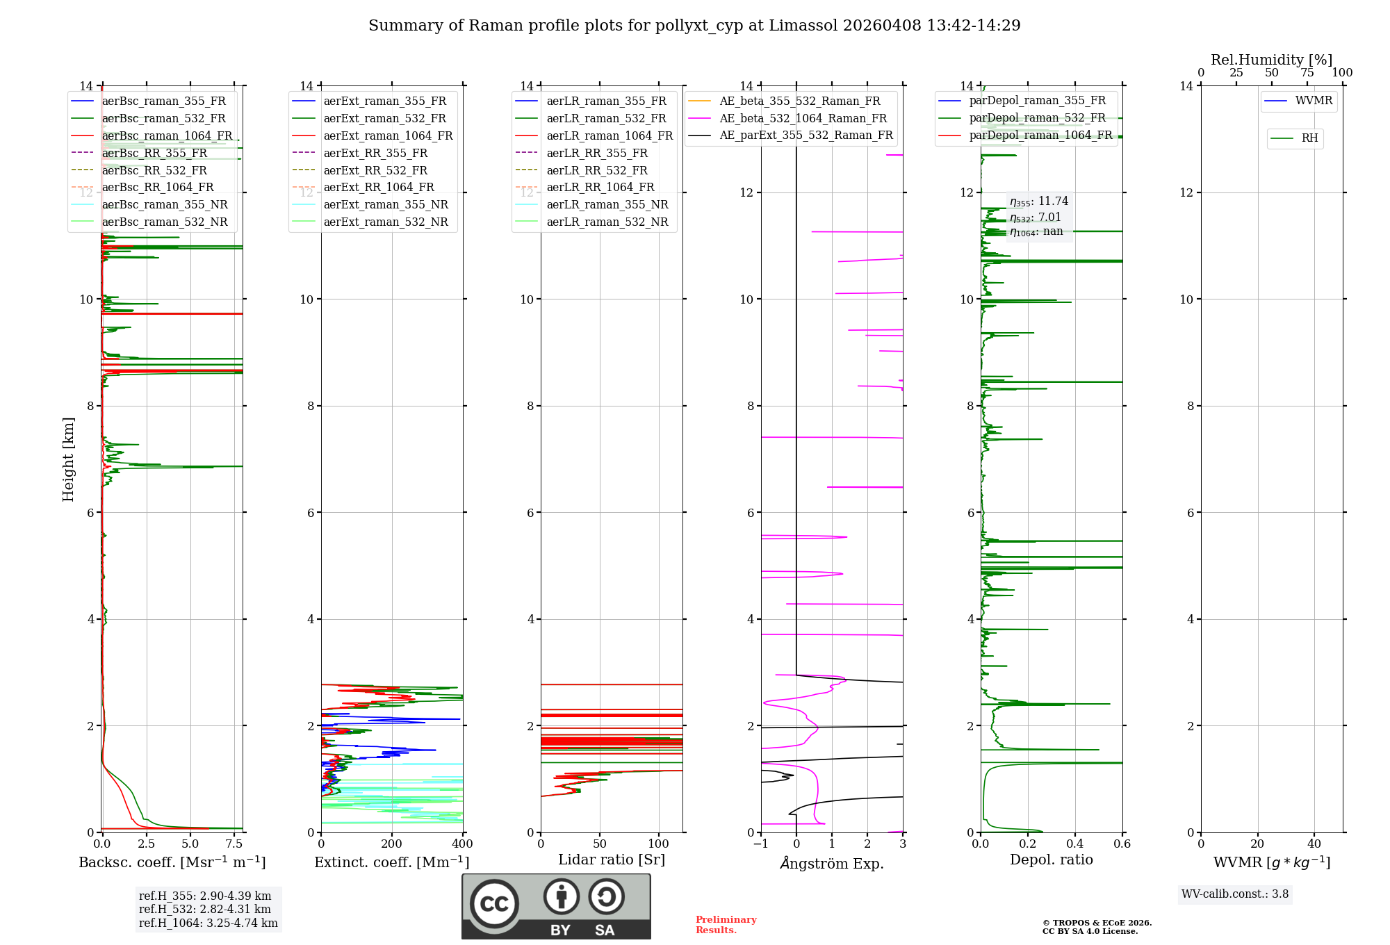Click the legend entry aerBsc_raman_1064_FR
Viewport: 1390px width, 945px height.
167,136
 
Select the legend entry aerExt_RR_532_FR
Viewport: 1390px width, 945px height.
375,170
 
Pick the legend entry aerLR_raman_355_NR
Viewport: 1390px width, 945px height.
607,205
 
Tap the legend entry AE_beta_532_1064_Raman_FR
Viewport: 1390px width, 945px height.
803,119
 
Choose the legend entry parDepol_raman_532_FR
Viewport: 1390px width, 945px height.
1037,118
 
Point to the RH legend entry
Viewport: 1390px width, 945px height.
1309,138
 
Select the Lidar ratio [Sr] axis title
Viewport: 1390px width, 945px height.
612,860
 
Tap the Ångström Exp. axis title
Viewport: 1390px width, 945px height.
832,863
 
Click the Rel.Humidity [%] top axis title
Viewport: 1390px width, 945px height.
1271,60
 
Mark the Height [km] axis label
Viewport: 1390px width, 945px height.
68,459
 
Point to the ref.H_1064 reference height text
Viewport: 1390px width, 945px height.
208,923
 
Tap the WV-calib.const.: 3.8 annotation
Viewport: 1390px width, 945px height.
1235,894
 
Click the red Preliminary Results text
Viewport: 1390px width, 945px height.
726,924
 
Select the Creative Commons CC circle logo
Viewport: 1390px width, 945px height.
494,904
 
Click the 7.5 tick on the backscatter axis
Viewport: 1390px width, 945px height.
234,844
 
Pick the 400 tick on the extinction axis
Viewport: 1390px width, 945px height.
462,844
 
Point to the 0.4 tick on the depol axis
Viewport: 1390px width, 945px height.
1075,844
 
